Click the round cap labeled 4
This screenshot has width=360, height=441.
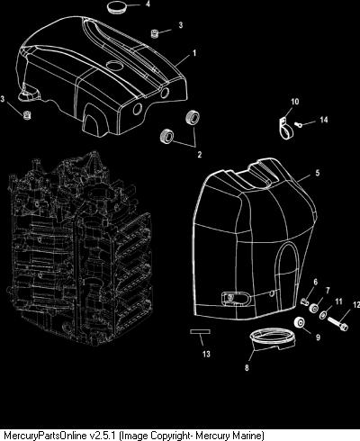coord(114,7)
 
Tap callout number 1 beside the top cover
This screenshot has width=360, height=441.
coord(194,53)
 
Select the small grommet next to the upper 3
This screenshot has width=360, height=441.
coord(155,33)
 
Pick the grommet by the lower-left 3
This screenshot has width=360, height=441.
coord(28,115)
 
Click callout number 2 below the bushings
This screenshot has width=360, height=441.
coord(200,155)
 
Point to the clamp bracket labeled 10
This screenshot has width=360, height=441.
coord(285,128)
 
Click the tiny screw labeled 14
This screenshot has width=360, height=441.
coord(298,123)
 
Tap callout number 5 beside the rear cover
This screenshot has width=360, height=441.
coord(318,173)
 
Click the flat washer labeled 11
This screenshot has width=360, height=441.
coord(324,315)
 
